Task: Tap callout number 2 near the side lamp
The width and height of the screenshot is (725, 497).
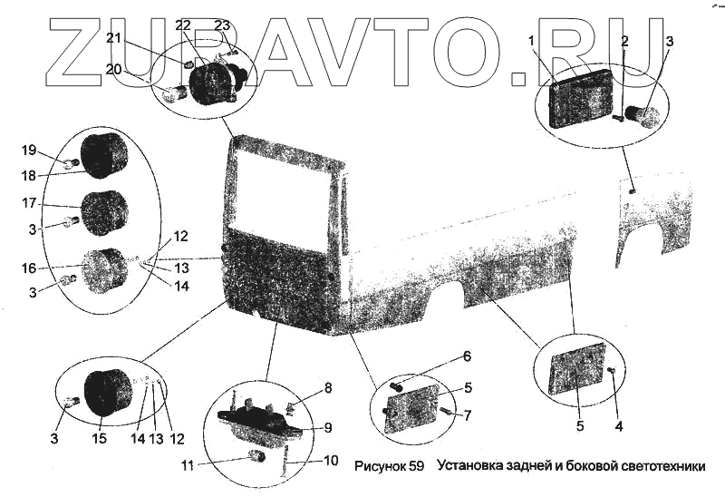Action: click(x=624, y=41)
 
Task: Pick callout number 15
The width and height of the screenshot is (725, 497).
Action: click(x=100, y=439)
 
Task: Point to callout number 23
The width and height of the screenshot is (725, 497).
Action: click(x=222, y=24)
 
